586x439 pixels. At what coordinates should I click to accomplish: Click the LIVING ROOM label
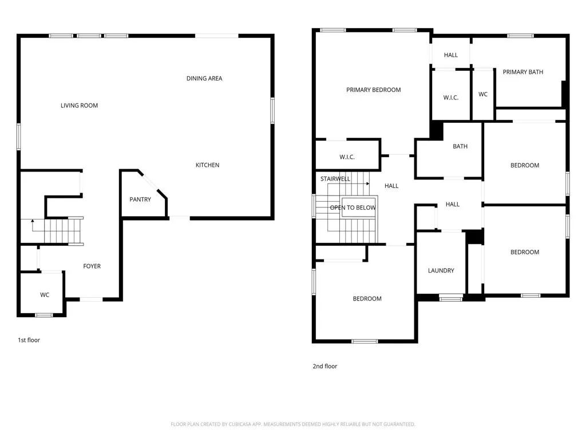tap(79, 105)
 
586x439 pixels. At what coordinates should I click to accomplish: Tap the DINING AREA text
tap(204, 78)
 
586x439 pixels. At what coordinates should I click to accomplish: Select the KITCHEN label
tap(207, 165)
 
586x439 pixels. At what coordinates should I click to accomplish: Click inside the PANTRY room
tap(140, 199)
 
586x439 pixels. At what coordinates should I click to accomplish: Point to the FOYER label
tap(92, 266)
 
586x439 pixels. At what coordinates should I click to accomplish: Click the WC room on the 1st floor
tap(45, 295)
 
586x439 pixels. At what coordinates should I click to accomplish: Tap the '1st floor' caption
tap(29, 340)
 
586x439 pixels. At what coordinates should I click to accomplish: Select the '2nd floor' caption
tap(324, 366)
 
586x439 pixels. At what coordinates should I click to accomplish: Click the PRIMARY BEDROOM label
tap(373, 90)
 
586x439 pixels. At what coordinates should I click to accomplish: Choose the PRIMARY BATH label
tap(522, 72)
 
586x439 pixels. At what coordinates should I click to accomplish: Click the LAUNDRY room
tap(441, 270)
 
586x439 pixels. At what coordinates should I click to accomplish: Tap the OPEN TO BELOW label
tap(353, 207)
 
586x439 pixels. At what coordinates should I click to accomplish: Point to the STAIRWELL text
tap(335, 179)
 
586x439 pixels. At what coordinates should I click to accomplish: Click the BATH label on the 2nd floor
tap(460, 146)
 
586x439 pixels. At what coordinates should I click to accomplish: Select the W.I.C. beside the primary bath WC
tap(450, 98)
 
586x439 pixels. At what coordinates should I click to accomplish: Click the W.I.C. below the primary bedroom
tap(347, 157)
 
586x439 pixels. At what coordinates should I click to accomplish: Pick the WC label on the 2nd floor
tap(483, 94)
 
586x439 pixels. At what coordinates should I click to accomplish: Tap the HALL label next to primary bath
tap(451, 55)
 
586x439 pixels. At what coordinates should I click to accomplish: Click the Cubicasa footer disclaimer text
tap(292, 424)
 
